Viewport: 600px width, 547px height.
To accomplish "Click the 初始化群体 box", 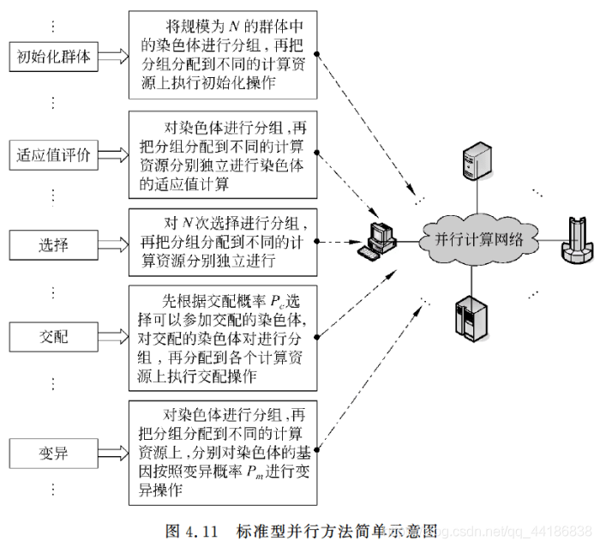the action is click(x=53, y=57).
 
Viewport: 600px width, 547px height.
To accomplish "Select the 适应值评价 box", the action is click(x=53, y=155).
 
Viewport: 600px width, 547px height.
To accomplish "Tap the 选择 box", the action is click(x=53, y=245).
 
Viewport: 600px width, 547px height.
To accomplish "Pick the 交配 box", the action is click(x=53, y=337).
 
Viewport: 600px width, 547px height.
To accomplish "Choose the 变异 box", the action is click(x=53, y=454).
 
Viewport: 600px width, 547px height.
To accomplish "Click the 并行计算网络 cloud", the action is click(x=479, y=240).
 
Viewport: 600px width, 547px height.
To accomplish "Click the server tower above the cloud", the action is click(x=477, y=161).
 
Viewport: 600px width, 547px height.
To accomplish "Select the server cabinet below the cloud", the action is click(x=471, y=319).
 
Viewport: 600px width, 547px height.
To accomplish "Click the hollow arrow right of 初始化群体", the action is click(x=114, y=57).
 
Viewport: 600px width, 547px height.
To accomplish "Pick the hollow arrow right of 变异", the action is click(x=114, y=454).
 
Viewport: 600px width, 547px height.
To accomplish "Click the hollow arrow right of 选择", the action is click(x=114, y=245).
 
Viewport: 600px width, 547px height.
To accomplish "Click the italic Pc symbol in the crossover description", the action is click(x=278, y=302).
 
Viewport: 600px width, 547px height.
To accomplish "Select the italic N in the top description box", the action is click(x=234, y=27).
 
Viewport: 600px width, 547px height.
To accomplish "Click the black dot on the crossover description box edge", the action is click(x=317, y=337).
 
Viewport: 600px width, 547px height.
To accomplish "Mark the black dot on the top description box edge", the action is click(x=317, y=54).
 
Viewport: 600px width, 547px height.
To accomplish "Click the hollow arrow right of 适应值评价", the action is click(x=114, y=155).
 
